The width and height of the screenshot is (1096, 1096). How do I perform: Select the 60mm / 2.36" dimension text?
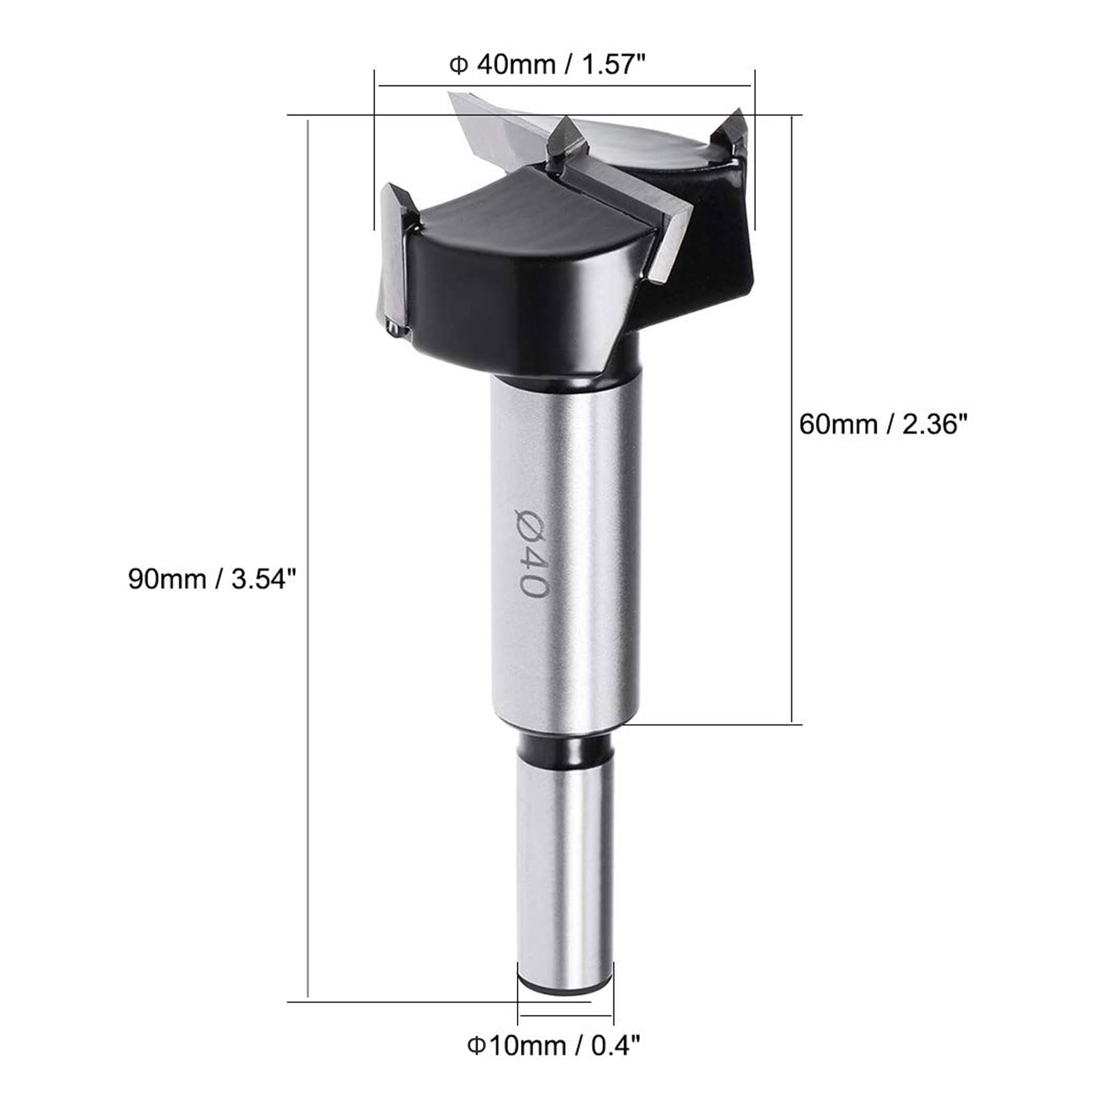click(x=883, y=424)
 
